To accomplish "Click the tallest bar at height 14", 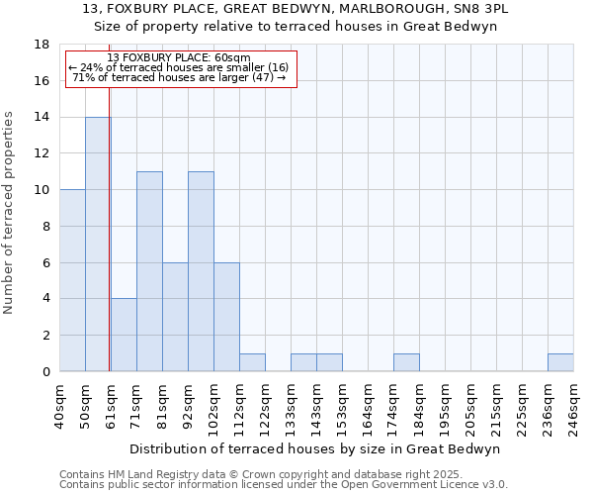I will [98, 245].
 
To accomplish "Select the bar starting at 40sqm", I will [72, 280].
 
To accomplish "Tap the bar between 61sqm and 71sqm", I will [124, 335].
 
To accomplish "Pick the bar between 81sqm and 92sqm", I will [175, 317].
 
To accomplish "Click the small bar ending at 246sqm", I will [560, 362].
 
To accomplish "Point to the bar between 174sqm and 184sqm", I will [406, 362].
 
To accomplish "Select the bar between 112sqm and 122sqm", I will [252, 362].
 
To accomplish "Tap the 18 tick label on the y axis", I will [42, 45].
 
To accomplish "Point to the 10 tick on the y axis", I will [42, 190].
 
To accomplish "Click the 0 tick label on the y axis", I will [45, 372].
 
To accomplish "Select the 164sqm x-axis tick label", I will [369, 406].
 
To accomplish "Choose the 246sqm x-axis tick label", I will [574, 406].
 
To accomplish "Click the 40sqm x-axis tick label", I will [60, 406].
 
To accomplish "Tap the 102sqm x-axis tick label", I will [214, 406].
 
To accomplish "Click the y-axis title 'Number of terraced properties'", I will [10, 212].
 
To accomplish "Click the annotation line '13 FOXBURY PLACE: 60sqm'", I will [179, 58].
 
